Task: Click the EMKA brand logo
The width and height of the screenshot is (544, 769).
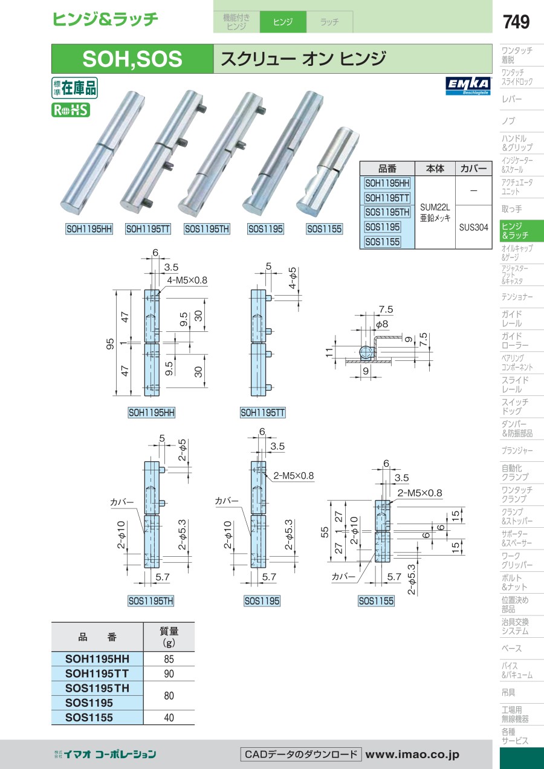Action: (x=468, y=86)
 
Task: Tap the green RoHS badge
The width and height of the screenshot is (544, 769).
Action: (x=71, y=110)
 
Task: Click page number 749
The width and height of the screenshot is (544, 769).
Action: (x=516, y=22)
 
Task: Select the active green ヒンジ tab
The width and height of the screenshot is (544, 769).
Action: (x=283, y=22)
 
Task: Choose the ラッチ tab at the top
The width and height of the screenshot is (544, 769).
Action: (x=329, y=22)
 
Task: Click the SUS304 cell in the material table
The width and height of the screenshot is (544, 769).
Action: (x=474, y=227)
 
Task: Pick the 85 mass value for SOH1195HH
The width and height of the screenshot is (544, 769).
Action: (x=169, y=659)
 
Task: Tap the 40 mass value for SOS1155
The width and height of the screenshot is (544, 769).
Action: (x=169, y=717)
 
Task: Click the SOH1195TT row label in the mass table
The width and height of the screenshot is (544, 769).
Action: (x=97, y=673)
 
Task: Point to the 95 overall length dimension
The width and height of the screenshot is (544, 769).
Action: (x=110, y=343)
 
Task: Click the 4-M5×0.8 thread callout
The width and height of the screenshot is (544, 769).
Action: (x=187, y=280)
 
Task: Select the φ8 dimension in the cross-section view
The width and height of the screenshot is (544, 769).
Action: (x=381, y=323)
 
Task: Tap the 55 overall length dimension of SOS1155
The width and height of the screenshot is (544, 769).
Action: (x=325, y=532)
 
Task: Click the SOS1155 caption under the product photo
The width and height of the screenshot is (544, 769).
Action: (x=325, y=229)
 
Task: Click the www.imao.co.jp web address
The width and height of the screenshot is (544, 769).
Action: (x=412, y=754)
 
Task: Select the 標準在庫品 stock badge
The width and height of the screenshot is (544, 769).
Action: (x=74, y=88)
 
